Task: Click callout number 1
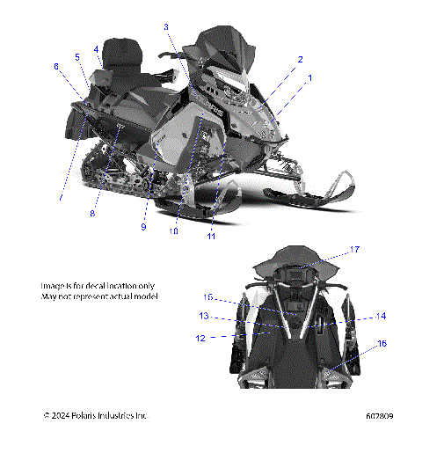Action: tap(309, 78)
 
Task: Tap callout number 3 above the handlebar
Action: tap(166, 27)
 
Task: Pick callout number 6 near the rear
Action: tap(56, 66)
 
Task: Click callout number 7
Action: tap(61, 199)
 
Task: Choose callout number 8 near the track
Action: tap(91, 212)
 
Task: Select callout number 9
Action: tap(143, 228)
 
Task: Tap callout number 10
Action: tap(173, 231)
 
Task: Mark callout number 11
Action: tap(211, 236)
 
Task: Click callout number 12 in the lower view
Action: tap(200, 337)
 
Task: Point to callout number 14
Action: tap(381, 315)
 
